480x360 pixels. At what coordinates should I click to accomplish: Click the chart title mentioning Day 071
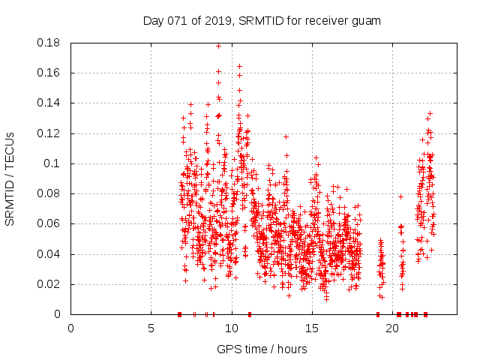click(262, 21)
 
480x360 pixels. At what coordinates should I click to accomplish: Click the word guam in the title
click(366, 21)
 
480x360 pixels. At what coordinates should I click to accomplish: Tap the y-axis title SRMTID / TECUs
click(10, 179)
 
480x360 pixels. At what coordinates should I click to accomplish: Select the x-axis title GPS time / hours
click(262, 349)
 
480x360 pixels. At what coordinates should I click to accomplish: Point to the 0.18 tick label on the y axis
click(50, 43)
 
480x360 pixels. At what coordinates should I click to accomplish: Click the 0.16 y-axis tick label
click(50, 73)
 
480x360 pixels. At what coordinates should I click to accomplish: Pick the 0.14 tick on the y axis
click(50, 103)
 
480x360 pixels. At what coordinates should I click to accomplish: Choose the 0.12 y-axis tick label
click(50, 133)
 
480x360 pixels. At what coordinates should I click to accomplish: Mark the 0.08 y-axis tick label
click(50, 193)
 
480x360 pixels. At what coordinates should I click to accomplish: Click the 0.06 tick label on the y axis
click(50, 223)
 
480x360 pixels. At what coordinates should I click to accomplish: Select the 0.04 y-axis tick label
click(50, 254)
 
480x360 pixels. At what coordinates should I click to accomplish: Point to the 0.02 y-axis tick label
click(50, 284)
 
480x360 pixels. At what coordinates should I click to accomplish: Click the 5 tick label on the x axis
click(151, 328)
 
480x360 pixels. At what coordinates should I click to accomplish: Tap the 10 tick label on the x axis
click(231, 328)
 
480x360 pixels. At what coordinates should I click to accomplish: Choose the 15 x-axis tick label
click(311, 328)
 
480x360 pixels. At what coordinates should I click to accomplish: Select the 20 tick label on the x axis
click(392, 328)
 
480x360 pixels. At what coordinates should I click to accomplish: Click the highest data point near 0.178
click(219, 46)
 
